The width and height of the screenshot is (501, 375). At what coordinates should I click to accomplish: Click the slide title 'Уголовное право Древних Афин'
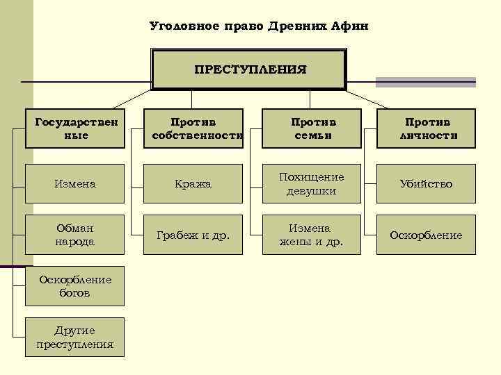pyautogui.click(x=260, y=26)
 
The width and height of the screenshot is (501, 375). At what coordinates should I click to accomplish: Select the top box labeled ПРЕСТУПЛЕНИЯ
pyautogui.click(x=250, y=69)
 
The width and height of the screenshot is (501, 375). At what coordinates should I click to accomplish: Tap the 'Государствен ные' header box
pyautogui.click(x=75, y=128)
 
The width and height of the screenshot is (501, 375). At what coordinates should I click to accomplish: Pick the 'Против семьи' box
pyautogui.click(x=312, y=128)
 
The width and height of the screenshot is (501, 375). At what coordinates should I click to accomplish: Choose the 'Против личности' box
pyautogui.click(x=427, y=128)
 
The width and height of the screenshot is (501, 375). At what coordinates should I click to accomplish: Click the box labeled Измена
pyautogui.click(x=75, y=184)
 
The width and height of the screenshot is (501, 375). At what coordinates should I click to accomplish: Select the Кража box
pyautogui.click(x=193, y=184)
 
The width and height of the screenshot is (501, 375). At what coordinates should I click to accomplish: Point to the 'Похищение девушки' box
pyautogui.click(x=312, y=184)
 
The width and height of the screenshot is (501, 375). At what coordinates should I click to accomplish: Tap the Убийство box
pyautogui.click(x=427, y=184)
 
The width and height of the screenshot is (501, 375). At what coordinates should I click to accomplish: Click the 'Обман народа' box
pyautogui.click(x=75, y=235)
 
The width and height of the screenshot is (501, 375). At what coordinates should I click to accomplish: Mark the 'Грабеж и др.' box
pyautogui.click(x=193, y=235)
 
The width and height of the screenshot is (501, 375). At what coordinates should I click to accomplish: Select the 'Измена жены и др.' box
pyautogui.click(x=312, y=235)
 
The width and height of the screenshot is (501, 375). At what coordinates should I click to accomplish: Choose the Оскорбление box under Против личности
pyautogui.click(x=427, y=235)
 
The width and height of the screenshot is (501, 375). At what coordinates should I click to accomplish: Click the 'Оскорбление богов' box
pyautogui.click(x=75, y=286)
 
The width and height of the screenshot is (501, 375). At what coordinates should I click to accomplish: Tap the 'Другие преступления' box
pyautogui.click(x=75, y=337)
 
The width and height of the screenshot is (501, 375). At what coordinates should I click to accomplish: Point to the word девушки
pyautogui.click(x=312, y=191)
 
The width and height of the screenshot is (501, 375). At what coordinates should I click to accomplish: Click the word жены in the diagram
pyautogui.click(x=293, y=242)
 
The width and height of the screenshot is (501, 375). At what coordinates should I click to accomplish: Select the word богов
pyautogui.click(x=75, y=293)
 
